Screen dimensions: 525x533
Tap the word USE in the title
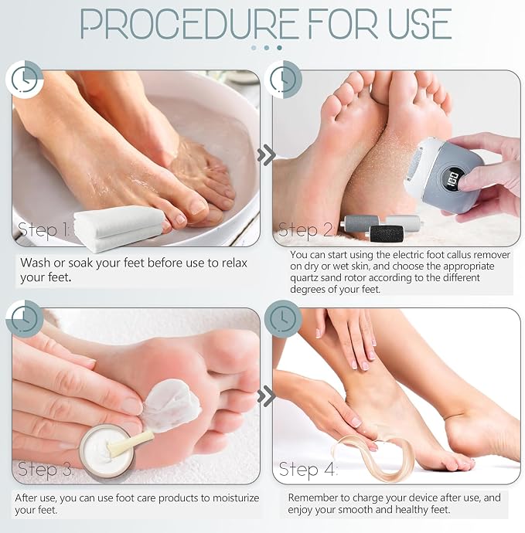click(420, 24)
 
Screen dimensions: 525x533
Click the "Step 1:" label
click(43, 229)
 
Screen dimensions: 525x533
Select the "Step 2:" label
click(306, 229)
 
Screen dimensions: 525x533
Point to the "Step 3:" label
click(46, 470)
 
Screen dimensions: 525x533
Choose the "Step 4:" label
click(308, 470)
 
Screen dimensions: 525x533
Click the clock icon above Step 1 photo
click(25, 80)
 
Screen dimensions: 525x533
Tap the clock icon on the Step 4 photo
click(283, 319)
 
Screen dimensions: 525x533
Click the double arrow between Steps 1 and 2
click(267, 155)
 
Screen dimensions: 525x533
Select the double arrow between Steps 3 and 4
click(267, 396)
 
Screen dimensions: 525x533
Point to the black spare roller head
click(386, 234)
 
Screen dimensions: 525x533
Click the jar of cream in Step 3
click(107, 452)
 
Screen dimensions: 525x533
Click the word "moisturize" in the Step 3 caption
click(236, 498)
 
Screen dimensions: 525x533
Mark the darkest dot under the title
click(279, 48)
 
